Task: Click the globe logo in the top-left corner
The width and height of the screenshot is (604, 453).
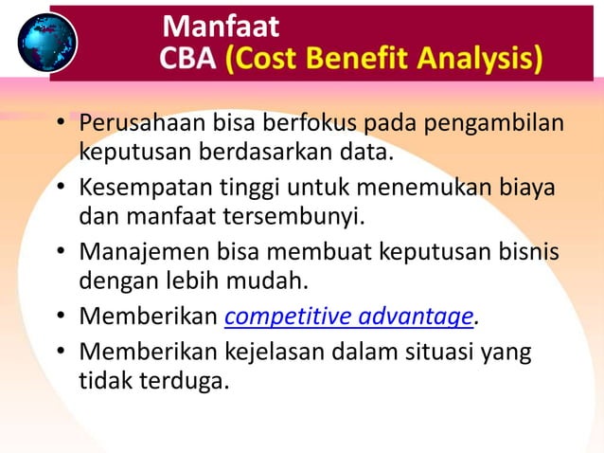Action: point(46,41)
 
